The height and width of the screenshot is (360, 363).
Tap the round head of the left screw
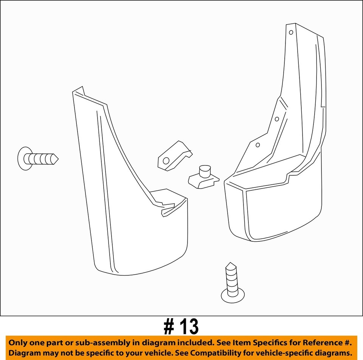click(24, 158)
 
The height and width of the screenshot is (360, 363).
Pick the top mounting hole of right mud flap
click(291, 32)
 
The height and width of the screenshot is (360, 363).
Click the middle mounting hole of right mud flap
click(277, 119)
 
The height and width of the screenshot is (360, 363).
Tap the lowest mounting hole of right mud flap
click(258, 145)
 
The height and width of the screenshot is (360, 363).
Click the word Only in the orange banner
click(18, 343)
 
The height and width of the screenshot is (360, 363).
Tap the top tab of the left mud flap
click(79, 91)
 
